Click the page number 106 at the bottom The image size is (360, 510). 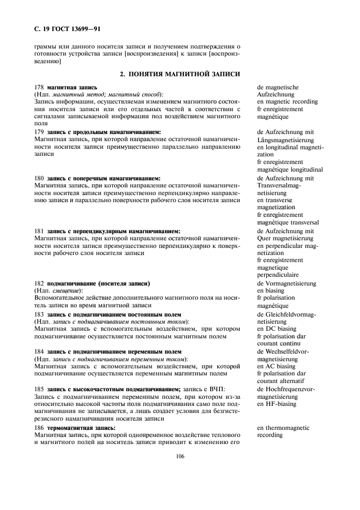click(181, 456)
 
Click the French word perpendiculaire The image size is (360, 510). click(279, 275)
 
